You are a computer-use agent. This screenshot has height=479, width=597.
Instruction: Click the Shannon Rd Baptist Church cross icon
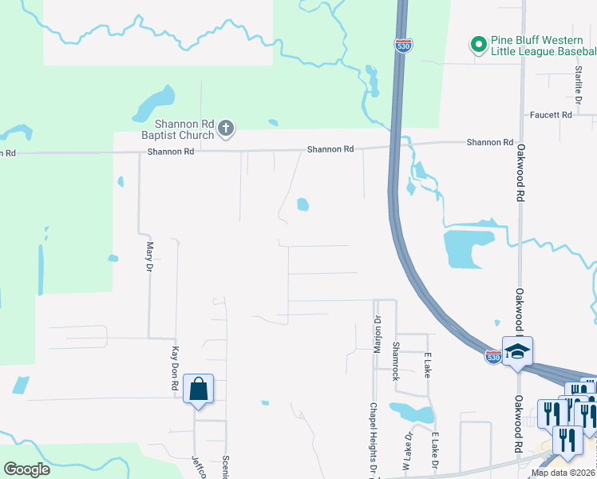click(227, 127)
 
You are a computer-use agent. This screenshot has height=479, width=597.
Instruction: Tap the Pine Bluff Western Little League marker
click(478, 45)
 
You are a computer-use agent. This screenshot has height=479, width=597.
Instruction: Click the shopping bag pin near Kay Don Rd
click(198, 390)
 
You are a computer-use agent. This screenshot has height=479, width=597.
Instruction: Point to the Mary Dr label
click(149, 257)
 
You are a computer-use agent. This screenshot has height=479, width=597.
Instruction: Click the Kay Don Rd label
click(175, 368)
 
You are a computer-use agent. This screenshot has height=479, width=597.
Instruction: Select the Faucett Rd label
click(552, 115)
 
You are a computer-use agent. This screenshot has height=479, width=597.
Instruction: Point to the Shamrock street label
click(395, 362)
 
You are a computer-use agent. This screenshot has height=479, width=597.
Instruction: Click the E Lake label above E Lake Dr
click(428, 365)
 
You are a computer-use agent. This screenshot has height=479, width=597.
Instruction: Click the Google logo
click(26, 469)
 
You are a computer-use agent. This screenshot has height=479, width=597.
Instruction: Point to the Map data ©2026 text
click(563, 473)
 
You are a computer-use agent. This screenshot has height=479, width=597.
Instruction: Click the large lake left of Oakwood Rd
click(463, 247)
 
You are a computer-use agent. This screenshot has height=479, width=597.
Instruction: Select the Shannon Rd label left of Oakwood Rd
click(489, 142)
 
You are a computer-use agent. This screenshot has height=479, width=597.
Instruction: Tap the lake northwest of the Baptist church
click(154, 103)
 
